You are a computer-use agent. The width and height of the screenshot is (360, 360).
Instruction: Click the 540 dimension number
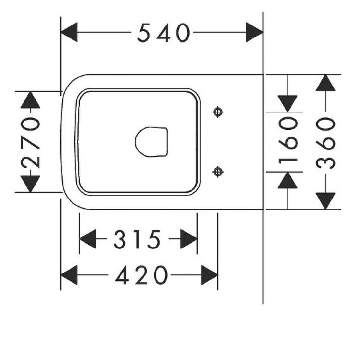164,33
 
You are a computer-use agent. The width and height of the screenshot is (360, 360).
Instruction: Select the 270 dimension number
31,142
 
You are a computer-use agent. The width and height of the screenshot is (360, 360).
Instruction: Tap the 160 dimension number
288,140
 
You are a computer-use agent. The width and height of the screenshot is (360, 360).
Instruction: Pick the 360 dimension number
325,143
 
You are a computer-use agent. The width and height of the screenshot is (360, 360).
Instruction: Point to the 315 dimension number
137,239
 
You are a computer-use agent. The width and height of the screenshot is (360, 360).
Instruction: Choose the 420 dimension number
142,275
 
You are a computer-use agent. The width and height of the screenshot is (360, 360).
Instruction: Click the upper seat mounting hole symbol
218,112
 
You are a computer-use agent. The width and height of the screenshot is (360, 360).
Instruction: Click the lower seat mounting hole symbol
218,172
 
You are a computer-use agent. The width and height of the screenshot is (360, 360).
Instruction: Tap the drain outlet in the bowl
151,142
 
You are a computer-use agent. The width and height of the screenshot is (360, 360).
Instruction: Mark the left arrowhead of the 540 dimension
69,32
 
